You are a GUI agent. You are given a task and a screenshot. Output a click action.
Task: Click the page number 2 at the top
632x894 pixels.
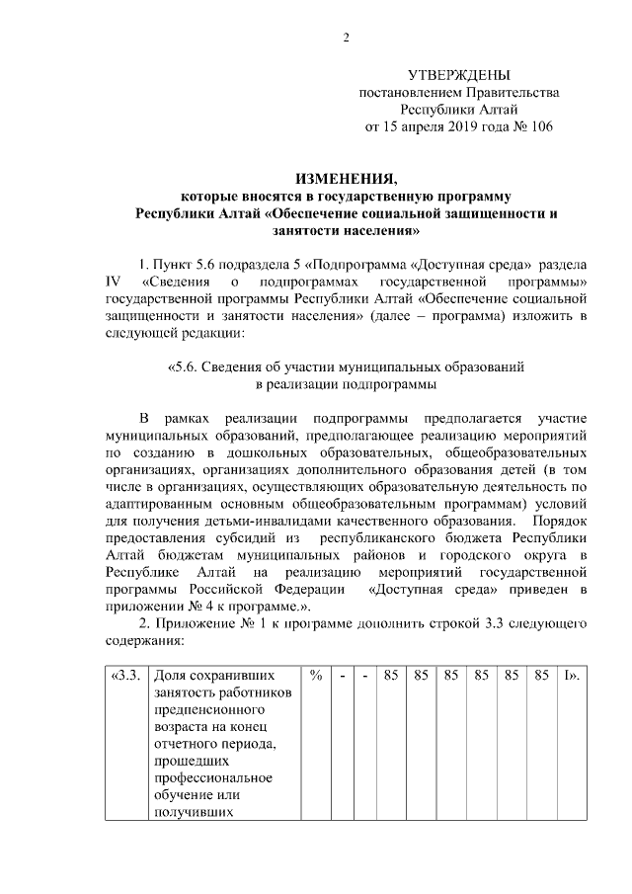(346, 39)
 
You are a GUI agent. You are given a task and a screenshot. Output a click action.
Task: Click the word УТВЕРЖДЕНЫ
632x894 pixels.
(459, 75)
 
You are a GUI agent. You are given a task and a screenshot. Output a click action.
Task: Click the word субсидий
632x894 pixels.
(250, 537)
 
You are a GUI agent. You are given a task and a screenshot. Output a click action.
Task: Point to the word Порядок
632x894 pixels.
(559, 520)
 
